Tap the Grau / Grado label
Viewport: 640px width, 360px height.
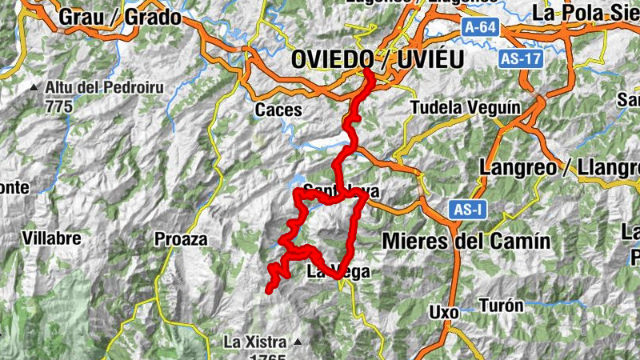pos(120,17)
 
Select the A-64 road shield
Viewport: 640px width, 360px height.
pos(479,28)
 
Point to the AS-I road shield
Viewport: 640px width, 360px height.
pos(464,210)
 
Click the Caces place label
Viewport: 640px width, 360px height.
pos(279,110)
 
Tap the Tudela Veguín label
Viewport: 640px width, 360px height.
pos(465,107)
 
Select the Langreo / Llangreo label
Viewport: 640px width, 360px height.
pos(560,168)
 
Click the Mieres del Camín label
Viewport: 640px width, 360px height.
pos(466,241)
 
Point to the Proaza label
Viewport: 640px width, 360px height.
pos(181,238)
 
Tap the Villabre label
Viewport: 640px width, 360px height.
pos(52,238)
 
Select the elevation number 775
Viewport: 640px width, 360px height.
pos(59,106)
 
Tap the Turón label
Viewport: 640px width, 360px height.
pos(502,305)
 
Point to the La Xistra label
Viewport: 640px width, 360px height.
pos(254,342)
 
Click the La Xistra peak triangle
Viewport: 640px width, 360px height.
pos(298,342)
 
